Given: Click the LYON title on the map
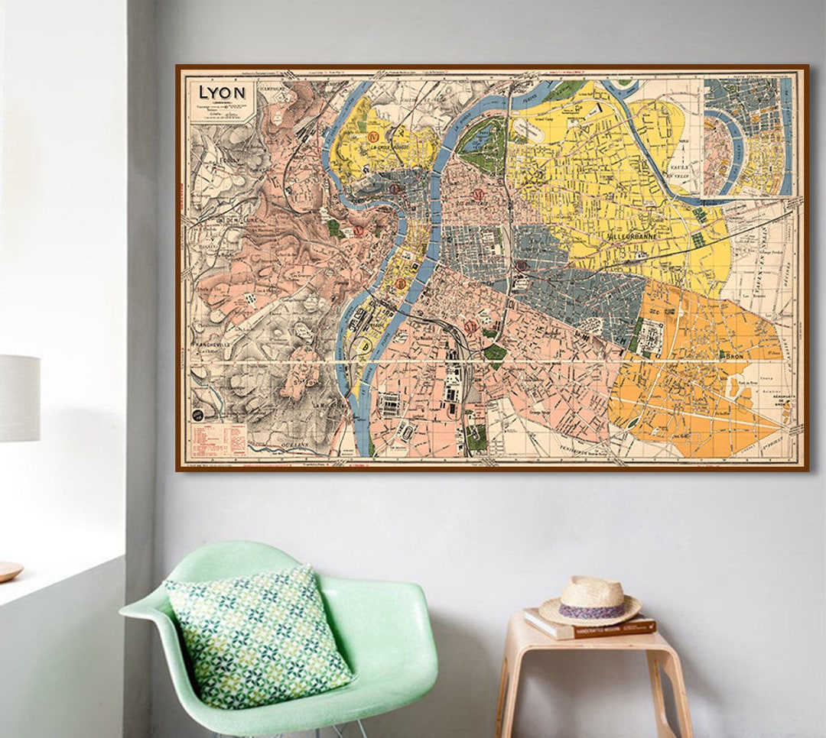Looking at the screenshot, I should [x=222, y=92].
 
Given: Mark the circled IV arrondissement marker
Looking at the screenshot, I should [x=375, y=138].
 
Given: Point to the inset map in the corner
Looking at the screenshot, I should [x=748, y=136].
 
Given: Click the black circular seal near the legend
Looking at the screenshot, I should [x=197, y=416].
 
